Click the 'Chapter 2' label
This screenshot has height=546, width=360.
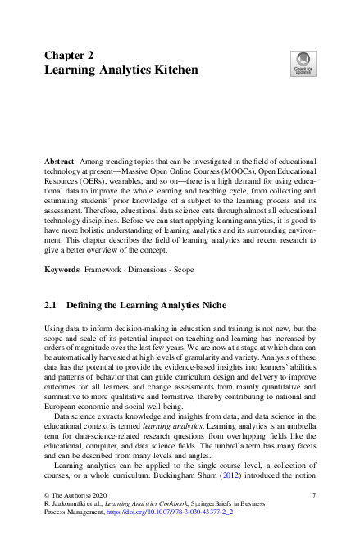tap(69, 55)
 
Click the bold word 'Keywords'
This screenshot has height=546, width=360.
tap(62, 269)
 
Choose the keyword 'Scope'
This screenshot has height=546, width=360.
tap(194, 269)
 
